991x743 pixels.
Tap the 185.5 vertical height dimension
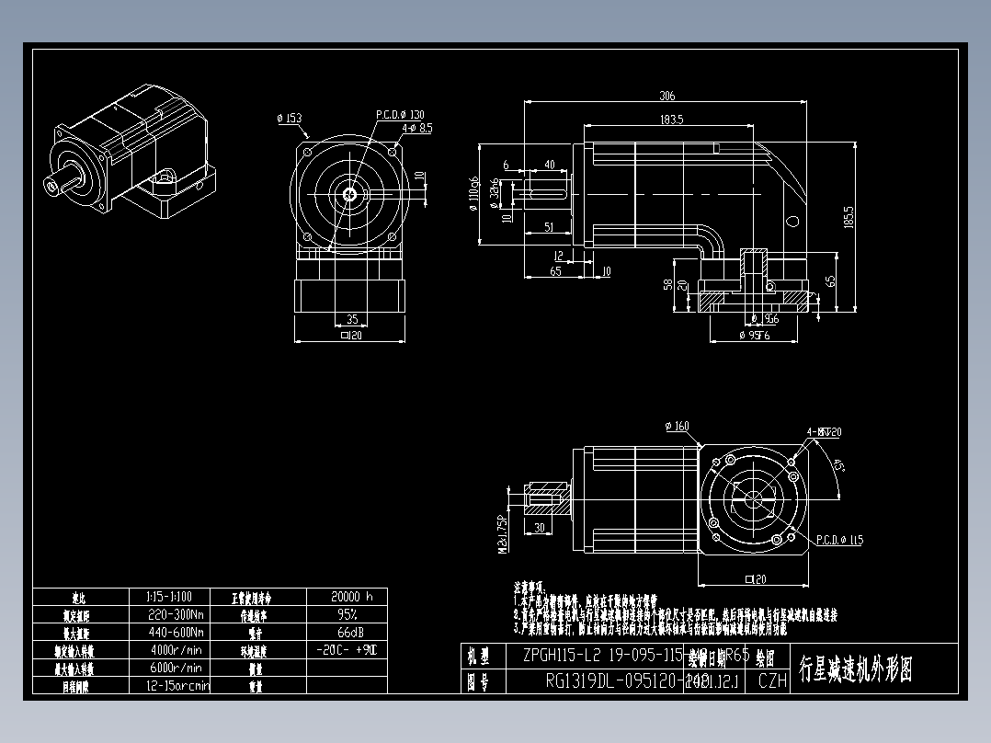click(847, 217)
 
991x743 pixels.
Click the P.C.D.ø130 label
click(400, 115)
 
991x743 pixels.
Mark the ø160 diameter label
click(676, 426)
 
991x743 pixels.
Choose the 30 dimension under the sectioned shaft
click(539, 527)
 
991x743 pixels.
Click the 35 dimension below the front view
click(351, 319)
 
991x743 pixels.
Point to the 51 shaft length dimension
click(548, 226)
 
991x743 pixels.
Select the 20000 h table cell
click(347, 596)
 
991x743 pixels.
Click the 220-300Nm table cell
click(177, 614)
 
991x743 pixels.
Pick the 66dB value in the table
click(347, 633)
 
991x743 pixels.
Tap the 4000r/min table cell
click(177, 650)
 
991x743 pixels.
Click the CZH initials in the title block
click(772, 681)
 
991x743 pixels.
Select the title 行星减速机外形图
click(856, 669)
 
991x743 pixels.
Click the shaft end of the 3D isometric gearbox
click(53, 185)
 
